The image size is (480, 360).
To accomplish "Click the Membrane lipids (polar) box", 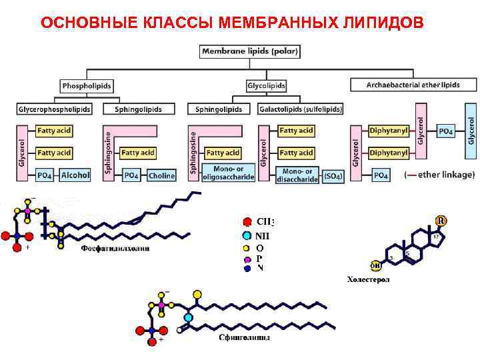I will click(250, 50).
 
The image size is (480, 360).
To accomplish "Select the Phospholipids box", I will click(87, 85).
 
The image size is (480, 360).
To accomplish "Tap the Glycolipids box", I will click(266, 85).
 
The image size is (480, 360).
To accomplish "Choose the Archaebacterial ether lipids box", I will click(413, 85).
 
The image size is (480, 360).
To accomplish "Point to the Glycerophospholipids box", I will click(55, 109).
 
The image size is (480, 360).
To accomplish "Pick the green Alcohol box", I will click(75, 175).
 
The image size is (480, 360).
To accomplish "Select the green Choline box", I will click(161, 175).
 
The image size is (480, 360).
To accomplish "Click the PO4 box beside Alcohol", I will click(45, 175).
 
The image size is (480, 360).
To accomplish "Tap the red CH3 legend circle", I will click(247, 222).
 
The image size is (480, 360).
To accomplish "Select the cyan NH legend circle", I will click(247, 235).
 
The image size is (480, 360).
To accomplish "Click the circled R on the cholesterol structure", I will click(441, 221).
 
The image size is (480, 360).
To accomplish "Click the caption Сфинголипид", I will click(245, 338).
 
